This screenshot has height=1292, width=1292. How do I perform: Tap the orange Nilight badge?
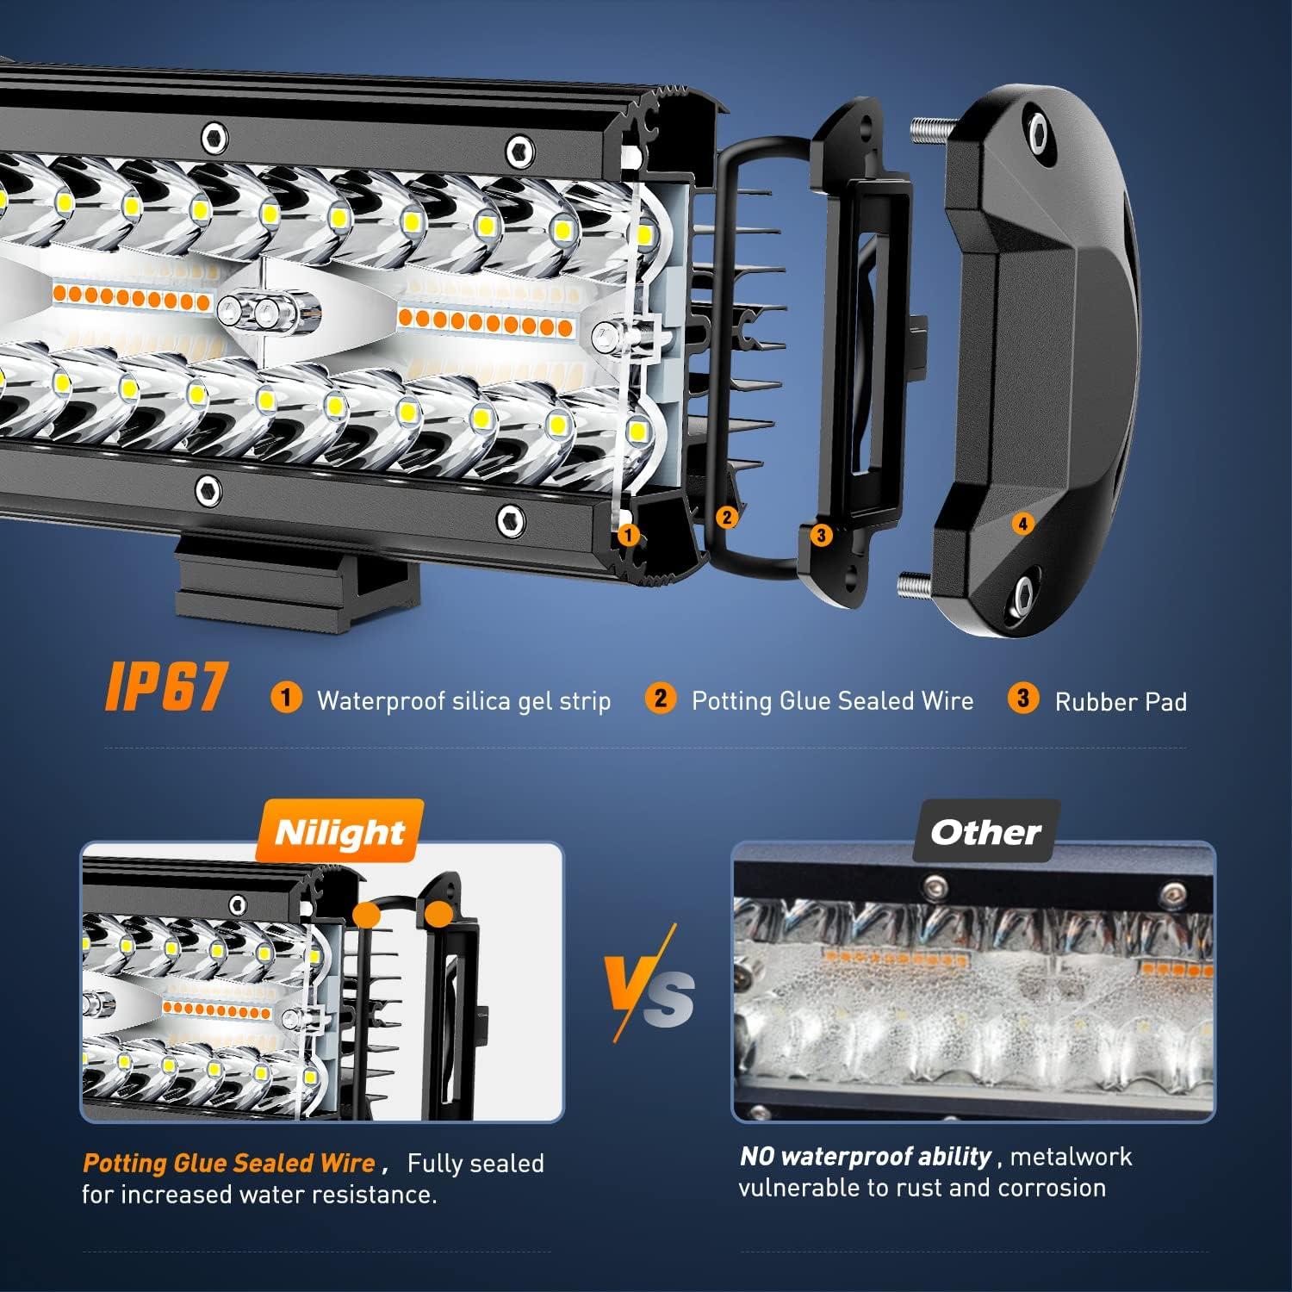[x=339, y=832]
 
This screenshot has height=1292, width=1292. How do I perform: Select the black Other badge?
[x=985, y=832]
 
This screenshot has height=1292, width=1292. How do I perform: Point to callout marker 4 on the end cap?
[x=1022, y=523]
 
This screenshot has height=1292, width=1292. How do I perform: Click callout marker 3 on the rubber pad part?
[x=821, y=535]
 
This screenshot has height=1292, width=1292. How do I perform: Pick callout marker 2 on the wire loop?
[x=727, y=517]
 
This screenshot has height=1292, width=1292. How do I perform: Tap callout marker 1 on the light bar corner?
[x=629, y=535]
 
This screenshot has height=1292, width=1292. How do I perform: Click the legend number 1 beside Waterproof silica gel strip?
[x=286, y=698]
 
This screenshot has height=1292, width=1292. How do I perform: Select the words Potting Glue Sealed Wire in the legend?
[x=832, y=700]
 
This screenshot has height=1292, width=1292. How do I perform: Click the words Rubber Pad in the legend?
[x=1121, y=702]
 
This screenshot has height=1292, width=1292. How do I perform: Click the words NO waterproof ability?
[x=865, y=1157]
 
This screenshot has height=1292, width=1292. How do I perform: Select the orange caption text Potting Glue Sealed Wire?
[x=228, y=1164]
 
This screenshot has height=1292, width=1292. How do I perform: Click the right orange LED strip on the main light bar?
[x=486, y=323]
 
